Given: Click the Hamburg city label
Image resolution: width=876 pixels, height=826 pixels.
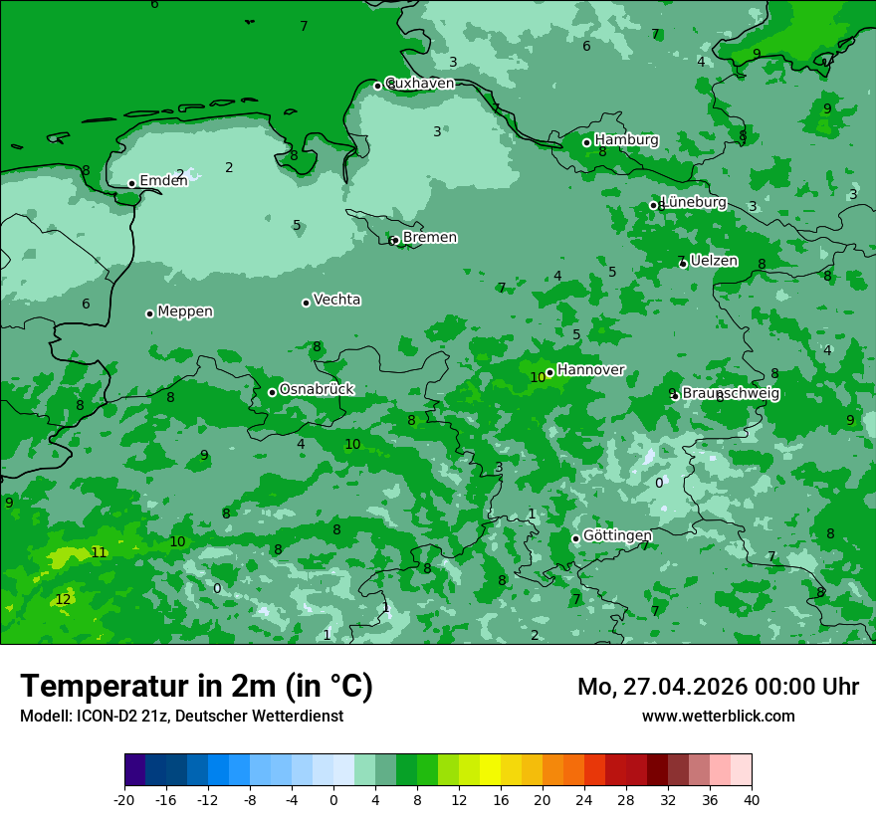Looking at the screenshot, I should [x=626, y=140].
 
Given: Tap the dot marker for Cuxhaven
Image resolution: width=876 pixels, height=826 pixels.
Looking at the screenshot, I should [x=377, y=86].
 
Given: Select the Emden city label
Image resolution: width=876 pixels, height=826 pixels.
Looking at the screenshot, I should [x=163, y=180].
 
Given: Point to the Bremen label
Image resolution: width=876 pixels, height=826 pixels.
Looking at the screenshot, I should [x=429, y=237].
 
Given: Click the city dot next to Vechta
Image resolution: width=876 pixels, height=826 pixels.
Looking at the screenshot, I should [x=306, y=303].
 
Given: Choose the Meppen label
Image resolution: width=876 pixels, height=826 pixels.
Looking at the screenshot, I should [x=185, y=311].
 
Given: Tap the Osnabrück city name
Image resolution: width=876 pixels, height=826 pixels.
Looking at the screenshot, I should [x=317, y=389].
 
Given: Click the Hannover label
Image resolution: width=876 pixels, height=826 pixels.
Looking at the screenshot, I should [x=590, y=369].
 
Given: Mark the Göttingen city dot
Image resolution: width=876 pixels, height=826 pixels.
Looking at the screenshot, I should [x=575, y=538].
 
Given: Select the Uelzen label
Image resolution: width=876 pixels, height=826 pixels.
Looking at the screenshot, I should [x=714, y=261].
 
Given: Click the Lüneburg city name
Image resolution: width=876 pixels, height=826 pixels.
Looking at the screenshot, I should [x=694, y=202].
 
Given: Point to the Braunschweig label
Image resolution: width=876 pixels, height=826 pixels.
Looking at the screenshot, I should [x=731, y=393].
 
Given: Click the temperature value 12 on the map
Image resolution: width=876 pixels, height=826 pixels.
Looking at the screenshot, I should [x=63, y=599].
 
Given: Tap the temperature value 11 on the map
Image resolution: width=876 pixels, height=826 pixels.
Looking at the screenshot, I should [x=99, y=552].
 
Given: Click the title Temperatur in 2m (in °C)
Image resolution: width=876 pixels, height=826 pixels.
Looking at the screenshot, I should [x=196, y=686].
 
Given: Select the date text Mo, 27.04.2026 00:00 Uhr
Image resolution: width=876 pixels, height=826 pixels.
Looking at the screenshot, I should [x=718, y=687].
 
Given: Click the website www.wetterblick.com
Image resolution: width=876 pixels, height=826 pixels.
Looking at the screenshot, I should [x=718, y=716].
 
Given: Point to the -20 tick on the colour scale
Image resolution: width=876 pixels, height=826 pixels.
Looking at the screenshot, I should [x=124, y=799].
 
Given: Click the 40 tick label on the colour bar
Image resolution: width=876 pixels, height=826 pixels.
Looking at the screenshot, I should [x=752, y=799].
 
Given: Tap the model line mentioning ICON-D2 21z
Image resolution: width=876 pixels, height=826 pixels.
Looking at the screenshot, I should [x=181, y=716].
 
